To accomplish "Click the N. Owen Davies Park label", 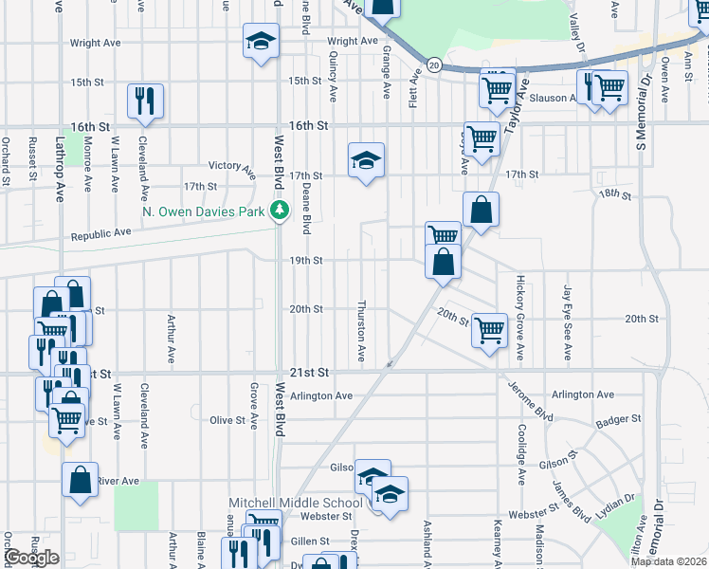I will [x=204, y=211].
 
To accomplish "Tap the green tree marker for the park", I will [x=279, y=211].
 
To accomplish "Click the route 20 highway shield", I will [x=434, y=64].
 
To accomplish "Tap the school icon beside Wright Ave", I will [x=261, y=42].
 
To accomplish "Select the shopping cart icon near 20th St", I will [x=490, y=331].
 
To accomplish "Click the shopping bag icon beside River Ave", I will [x=81, y=480].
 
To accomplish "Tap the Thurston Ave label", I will [x=361, y=332].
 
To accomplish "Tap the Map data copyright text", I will [x=669, y=560].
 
